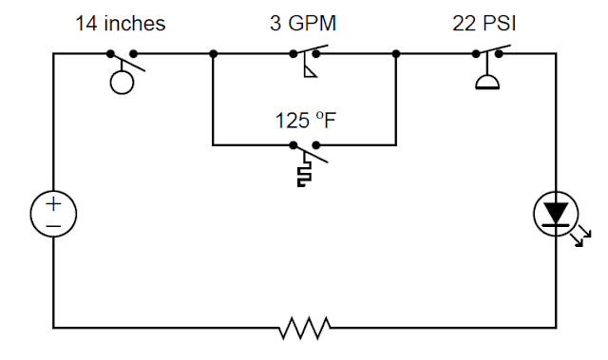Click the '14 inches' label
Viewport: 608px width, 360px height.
(121, 23)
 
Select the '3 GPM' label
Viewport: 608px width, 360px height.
(303, 23)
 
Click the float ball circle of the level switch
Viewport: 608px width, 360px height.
(122, 83)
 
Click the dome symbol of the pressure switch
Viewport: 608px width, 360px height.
(486, 83)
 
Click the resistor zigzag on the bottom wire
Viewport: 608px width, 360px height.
(305, 328)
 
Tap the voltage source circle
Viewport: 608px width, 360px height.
(53, 215)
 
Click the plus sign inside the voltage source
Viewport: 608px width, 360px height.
(53, 204)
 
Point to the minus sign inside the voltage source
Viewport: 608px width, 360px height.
(53, 226)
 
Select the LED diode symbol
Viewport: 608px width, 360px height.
(556, 214)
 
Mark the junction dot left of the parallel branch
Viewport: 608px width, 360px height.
(213, 54)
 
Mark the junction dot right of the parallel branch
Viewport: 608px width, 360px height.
(395, 54)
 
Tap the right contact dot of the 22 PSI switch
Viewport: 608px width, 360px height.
(498, 54)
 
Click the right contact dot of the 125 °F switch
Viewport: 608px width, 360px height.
(315, 145)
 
